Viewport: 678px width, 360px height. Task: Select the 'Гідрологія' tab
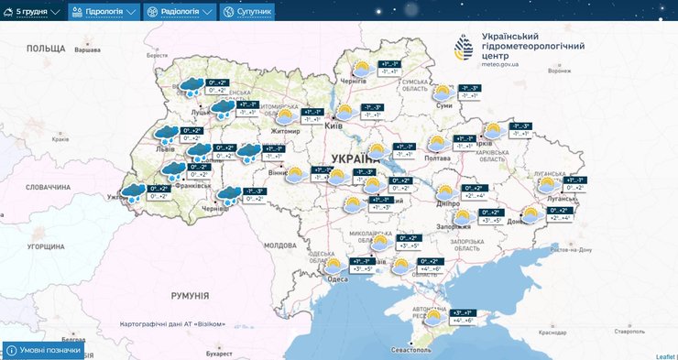(x=104, y=12)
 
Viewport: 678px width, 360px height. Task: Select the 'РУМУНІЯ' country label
(x=191, y=296)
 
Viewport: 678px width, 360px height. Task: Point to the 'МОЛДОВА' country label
(x=280, y=245)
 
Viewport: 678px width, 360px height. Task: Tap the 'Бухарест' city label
(x=220, y=352)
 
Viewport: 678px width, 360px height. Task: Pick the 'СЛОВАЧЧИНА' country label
(x=48, y=187)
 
